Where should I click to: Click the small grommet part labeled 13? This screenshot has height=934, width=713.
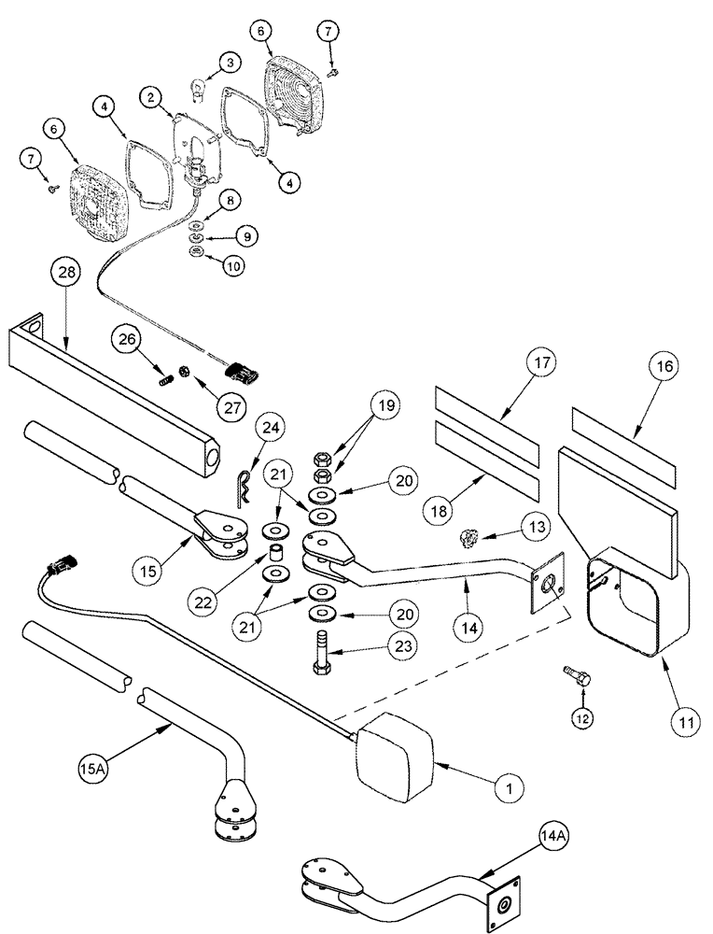click(470, 537)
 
